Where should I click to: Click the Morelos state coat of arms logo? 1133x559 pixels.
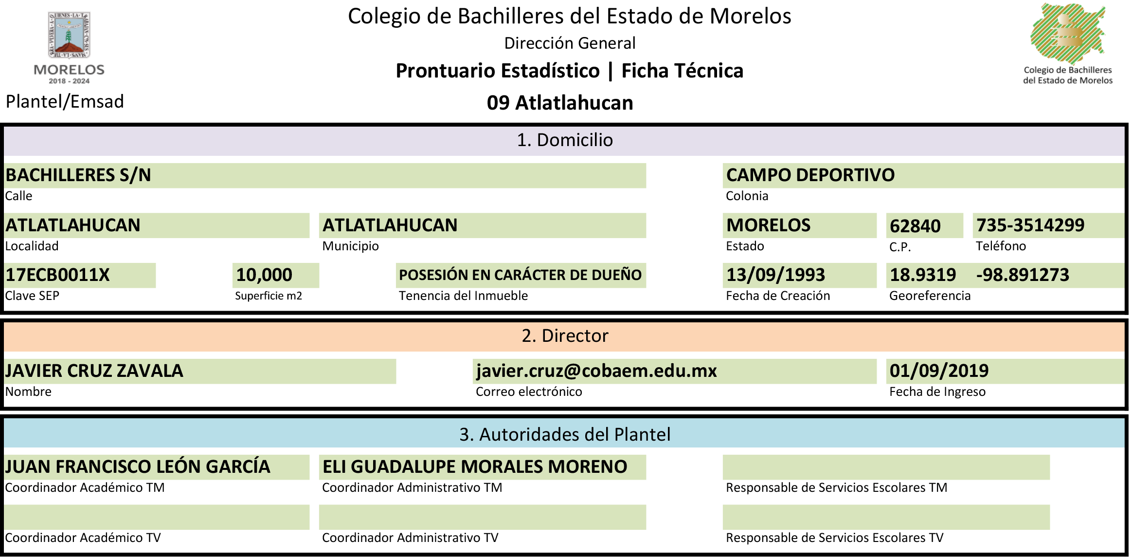pyautogui.click(x=69, y=48)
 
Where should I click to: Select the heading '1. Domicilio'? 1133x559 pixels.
pyautogui.click(x=564, y=140)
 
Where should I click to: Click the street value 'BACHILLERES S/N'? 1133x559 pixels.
pyautogui.click(x=78, y=175)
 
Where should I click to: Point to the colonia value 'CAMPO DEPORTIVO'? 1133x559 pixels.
pyautogui.click(x=810, y=175)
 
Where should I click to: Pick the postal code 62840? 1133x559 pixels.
pyautogui.click(x=915, y=226)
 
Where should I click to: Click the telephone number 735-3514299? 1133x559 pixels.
pyautogui.click(x=1030, y=225)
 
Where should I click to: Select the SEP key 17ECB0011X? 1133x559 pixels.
pyautogui.click(x=57, y=275)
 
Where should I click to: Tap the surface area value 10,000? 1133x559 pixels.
pyautogui.click(x=264, y=275)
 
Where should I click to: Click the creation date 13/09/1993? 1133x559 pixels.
pyautogui.click(x=775, y=275)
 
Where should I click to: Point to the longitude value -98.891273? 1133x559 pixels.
pyautogui.click(x=1023, y=275)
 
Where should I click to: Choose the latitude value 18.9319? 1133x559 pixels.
pyautogui.click(x=923, y=275)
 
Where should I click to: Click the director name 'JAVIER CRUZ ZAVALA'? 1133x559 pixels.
pyautogui.click(x=94, y=371)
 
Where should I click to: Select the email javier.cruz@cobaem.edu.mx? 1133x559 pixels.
pyautogui.click(x=596, y=371)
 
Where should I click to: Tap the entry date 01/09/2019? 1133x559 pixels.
pyautogui.click(x=939, y=371)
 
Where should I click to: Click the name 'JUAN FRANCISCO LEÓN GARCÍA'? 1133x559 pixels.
pyautogui.click(x=138, y=466)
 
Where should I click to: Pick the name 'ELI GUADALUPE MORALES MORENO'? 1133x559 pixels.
pyautogui.click(x=475, y=466)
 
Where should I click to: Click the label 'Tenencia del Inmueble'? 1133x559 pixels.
pyautogui.click(x=463, y=296)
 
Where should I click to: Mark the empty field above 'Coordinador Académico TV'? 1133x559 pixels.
pyautogui.click(x=157, y=517)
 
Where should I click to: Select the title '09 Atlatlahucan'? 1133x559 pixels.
pyautogui.click(x=560, y=103)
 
